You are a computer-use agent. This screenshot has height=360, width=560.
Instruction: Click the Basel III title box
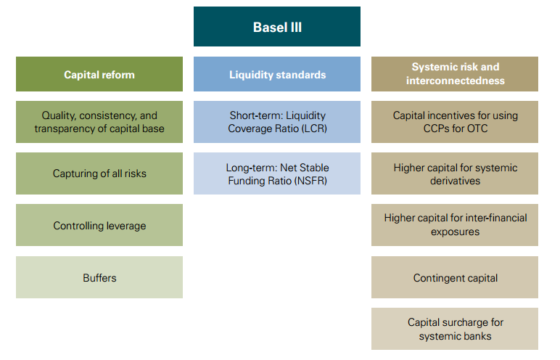pyautogui.click(x=276, y=27)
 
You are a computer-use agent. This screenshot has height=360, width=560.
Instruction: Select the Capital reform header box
pyautogui.click(x=99, y=74)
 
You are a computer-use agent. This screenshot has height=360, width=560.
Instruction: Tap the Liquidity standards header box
pyautogui.click(x=276, y=74)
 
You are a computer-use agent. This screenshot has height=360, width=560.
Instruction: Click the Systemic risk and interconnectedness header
pyautogui.click(x=455, y=74)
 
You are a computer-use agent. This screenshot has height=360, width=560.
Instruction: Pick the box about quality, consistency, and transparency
pyautogui.click(x=99, y=122)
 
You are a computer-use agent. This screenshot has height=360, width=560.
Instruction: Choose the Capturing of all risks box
pyautogui.click(x=99, y=173)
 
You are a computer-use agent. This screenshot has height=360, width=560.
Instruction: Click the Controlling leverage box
pyautogui.click(x=99, y=226)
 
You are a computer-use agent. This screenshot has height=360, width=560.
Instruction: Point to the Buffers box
pyautogui.click(x=99, y=277)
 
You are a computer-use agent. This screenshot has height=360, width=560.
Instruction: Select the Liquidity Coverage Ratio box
pyautogui.click(x=276, y=122)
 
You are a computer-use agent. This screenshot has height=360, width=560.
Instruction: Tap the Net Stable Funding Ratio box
pyautogui.click(x=276, y=173)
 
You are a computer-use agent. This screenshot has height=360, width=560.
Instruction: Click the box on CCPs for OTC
pyautogui.click(x=455, y=122)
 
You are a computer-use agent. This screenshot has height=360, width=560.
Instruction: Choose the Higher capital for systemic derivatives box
pyautogui.click(x=455, y=173)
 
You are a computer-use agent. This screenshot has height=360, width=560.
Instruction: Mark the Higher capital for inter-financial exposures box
pyautogui.click(x=455, y=225)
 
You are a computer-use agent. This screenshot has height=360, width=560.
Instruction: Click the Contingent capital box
pyautogui.click(x=455, y=277)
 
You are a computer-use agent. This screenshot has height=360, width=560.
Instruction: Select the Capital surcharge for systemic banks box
pyautogui.click(x=455, y=329)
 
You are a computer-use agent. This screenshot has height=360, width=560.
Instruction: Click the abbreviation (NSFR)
pyautogui.click(x=312, y=180)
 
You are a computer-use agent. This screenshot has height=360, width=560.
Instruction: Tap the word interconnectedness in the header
pyautogui.click(x=455, y=81)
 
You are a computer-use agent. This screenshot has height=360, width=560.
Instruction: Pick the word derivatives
pyautogui.click(x=455, y=180)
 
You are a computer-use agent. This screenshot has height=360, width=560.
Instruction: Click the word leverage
pyautogui.click(x=120, y=226)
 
